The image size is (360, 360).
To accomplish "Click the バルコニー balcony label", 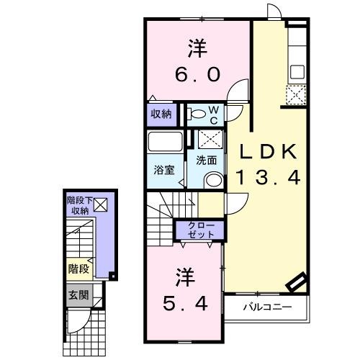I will [266, 307].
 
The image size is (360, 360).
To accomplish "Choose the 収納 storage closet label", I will [161, 114].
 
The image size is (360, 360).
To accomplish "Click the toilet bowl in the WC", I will [196, 114].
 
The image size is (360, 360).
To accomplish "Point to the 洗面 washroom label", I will [207, 160].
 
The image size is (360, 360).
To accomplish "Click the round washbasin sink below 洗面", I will [212, 180].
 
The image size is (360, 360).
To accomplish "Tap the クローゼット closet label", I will [201, 231].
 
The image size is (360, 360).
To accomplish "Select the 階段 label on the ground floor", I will [78, 269].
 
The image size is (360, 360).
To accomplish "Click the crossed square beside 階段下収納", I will [99, 204].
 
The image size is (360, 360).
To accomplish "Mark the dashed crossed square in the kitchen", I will [296, 94].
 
